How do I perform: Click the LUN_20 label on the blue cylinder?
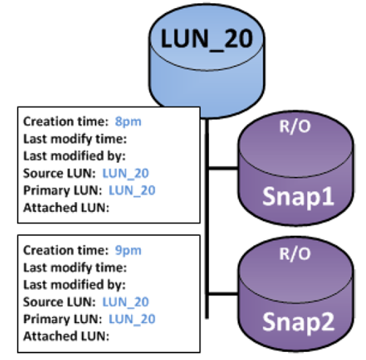(x=207, y=39)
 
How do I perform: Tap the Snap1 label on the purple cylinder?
(x=298, y=197)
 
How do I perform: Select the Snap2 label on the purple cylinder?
(x=298, y=322)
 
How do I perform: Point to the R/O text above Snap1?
(x=295, y=126)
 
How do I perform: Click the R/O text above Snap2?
(x=295, y=254)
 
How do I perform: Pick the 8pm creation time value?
(x=128, y=122)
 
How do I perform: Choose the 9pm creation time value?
(x=128, y=250)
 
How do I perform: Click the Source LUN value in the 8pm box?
(x=125, y=173)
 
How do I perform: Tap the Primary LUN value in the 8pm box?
(x=132, y=190)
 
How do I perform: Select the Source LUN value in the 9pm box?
(x=125, y=302)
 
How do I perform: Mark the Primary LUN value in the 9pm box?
(x=132, y=319)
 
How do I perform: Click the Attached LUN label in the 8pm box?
(x=66, y=208)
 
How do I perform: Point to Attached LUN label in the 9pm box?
(x=66, y=336)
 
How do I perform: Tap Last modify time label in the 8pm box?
(x=75, y=139)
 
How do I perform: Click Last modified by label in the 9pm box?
(x=74, y=285)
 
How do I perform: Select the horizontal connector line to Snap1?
(x=223, y=168)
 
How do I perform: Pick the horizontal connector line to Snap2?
(x=223, y=294)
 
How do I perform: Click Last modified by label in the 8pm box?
(x=74, y=156)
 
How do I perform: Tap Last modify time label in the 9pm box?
(x=75, y=268)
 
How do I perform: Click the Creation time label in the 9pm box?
(x=66, y=250)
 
